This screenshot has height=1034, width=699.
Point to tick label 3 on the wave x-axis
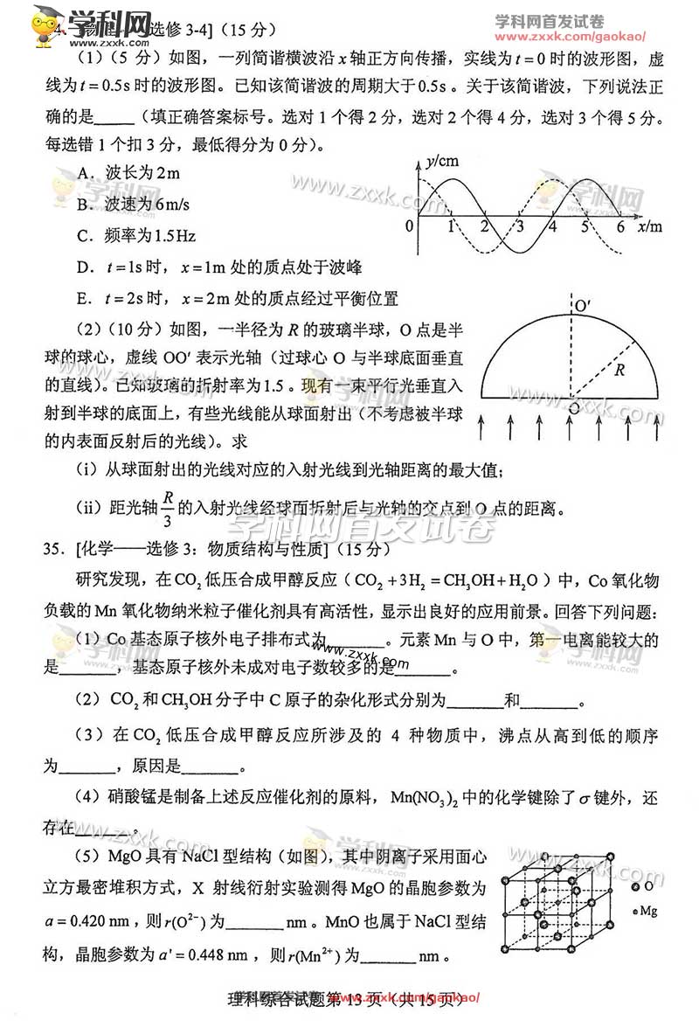[519, 227]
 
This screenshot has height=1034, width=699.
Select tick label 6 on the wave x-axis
[619, 227]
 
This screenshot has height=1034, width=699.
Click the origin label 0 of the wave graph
[410, 227]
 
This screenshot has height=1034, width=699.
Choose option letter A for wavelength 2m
[86, 173]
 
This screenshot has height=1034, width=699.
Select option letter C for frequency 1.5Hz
[85, 236]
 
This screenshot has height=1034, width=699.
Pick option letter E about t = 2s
[84, 299]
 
